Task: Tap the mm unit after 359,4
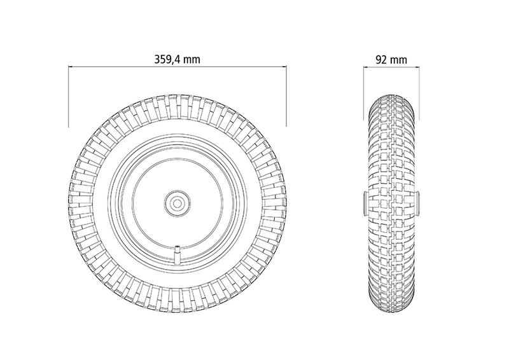click(x=192, y=60)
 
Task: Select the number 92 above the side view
click(x=381, y=60)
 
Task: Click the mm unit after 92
click(x=398, y=60)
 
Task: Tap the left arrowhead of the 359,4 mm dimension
click(x=71, y=67)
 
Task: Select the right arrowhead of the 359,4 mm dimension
click(x=284, y=67)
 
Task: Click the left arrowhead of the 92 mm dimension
click(x=365, y=67)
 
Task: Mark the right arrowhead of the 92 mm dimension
click(x=417, y=67)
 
